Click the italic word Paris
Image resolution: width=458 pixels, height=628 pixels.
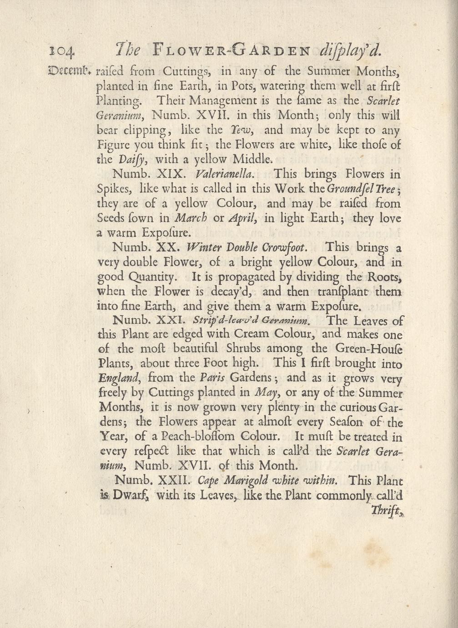point(212,378)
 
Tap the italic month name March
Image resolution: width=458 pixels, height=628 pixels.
point(191,218)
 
